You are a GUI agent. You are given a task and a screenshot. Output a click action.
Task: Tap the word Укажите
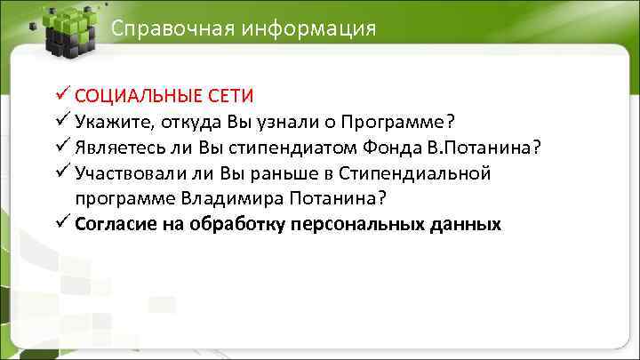tap(115, 121)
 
